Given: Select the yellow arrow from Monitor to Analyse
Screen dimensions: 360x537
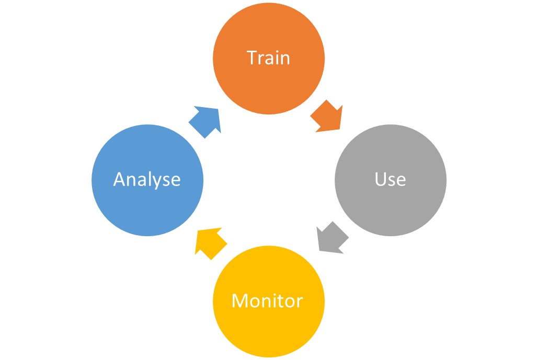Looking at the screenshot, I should pos(210,242).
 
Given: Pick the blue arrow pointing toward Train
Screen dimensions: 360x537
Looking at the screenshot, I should pos(204,121).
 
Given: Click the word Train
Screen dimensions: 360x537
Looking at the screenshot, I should pos(269,57).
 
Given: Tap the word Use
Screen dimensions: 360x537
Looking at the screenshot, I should pos(390,179).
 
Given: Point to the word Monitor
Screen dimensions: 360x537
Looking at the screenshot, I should pos(267,301).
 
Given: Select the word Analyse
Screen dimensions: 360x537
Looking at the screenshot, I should pos(147,180).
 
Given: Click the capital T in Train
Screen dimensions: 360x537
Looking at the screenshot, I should pos(253,57).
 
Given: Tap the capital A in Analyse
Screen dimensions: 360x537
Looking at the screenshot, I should pos(120,180).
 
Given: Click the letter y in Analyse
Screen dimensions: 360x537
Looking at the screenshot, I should pos(155,182).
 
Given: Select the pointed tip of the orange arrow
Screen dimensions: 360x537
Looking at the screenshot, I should pos(340,129).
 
